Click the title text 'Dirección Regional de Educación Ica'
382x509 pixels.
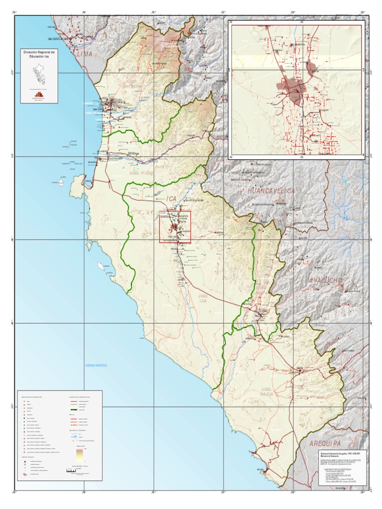point(38,55)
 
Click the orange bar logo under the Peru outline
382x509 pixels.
point(38,94)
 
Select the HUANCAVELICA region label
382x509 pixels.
point(268,191)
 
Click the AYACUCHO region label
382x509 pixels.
point(326,281)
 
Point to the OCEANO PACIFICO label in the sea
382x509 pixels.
point(95,365)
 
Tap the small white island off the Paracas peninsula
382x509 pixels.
point(62,182)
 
